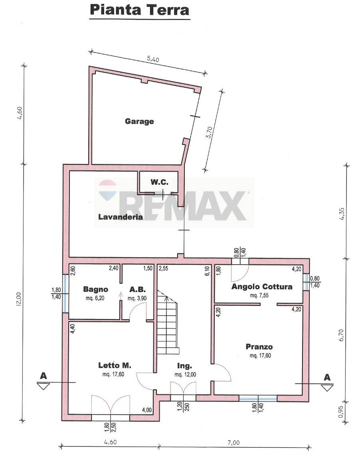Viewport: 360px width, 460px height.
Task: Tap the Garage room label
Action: [x=139, y=121]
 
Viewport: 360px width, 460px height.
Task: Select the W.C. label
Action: [x=160, y=182]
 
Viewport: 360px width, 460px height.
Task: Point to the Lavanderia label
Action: [x=121, y=217]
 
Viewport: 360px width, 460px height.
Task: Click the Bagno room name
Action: [x=96, y=289]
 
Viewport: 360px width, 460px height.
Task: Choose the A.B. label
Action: [x=138, y=289]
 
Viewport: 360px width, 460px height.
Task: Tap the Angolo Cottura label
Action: [x=262, y=286]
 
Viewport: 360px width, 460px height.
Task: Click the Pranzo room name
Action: [x=259, y=347]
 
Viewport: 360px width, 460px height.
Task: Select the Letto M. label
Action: [x=115, y=365]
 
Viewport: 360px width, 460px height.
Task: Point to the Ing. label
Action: [x=184, y=366]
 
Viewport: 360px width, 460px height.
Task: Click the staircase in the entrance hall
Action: [x=168, y=322]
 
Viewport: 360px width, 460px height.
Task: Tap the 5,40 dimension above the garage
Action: [x=152, y=59]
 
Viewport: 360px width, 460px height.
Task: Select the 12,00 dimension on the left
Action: [x=20, y=300]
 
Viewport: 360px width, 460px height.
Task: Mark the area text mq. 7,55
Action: [x=259, y=295]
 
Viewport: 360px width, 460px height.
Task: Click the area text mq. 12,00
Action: [x=185, y=374]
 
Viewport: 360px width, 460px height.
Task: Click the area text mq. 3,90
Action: [x=137, y=298]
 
